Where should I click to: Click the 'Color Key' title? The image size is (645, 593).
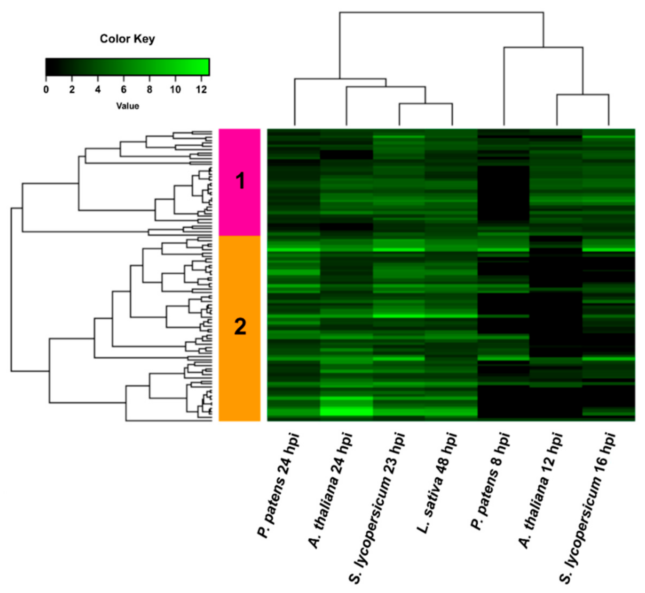[127, 39]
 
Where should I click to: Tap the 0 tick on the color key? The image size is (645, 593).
[46, 90]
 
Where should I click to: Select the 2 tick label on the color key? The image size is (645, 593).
[72, 90]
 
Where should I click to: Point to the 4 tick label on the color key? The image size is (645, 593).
[98, 90]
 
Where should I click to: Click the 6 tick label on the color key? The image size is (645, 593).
[124, 90]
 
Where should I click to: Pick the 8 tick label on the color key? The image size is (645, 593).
[150, 90]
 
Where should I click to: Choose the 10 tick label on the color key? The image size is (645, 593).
[175, 90]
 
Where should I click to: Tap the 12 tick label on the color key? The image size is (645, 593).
[201, 90]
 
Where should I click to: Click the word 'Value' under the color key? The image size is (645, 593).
[127, 106]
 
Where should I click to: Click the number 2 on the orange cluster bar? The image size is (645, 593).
[240, 327]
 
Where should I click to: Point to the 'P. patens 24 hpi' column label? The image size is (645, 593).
[279, 485]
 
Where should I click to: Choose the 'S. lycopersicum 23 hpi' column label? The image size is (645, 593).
[377, 507]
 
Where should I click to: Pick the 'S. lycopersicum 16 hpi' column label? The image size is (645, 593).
[588, 507]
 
